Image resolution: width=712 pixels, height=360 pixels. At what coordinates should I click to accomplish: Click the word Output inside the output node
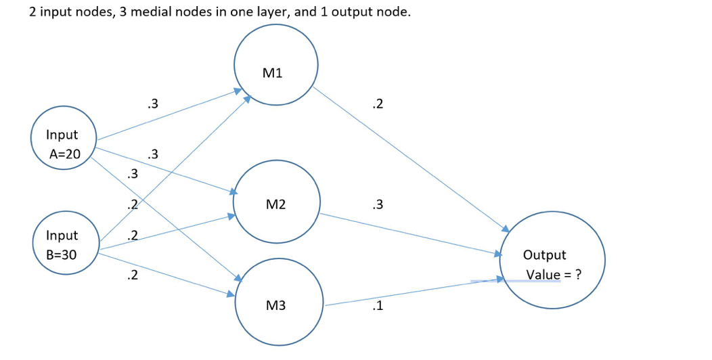(544, 255)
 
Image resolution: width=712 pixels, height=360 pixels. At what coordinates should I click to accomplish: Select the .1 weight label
(378, 306)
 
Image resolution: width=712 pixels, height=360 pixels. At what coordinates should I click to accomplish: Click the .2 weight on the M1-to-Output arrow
(378, 104)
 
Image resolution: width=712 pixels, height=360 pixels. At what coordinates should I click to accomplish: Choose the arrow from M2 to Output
(409, 234)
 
